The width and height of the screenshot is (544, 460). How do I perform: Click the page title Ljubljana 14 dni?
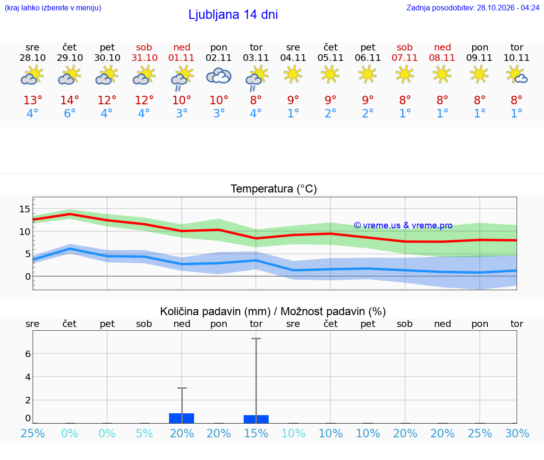tap(233, 15)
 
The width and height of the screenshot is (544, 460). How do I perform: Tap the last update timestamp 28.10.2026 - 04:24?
tap(508, 8)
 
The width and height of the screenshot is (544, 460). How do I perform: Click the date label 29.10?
tap(70, 58)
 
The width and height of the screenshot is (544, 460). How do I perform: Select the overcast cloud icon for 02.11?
tap(219, 76)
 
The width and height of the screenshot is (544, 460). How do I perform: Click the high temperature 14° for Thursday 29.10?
tap(70, 100)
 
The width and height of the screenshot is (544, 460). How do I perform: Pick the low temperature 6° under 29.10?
tap(70, 113)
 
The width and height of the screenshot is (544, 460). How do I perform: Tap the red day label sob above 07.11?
tap(405, 48)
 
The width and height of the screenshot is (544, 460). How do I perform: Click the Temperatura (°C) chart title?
tap(274, 189)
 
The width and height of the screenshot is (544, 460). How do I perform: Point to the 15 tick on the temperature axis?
tap(25, 209)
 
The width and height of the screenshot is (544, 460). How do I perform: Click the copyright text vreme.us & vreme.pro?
tap(403, 226)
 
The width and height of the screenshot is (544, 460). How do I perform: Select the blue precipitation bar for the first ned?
tap(181, 418)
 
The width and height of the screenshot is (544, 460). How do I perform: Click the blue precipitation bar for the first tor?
tap(256, 419)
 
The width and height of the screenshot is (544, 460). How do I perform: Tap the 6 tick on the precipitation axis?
tap(28, 354)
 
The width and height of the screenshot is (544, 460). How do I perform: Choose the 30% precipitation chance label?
tap(517, 433)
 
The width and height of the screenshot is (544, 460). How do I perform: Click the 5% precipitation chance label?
tap(144, 433)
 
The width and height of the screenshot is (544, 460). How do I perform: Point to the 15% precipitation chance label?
tap(256, 433)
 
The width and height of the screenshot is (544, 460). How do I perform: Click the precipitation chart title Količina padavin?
tap(215, 311)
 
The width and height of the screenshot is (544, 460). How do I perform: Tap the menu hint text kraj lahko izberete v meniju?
tap(53, 8)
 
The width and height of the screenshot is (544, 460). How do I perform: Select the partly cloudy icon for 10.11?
tap(517, 75)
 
